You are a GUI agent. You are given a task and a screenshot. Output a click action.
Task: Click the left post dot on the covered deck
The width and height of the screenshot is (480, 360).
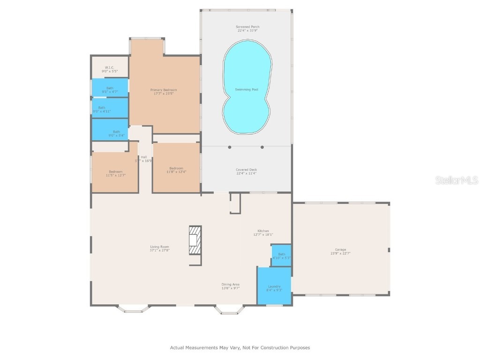(x=230, y=147)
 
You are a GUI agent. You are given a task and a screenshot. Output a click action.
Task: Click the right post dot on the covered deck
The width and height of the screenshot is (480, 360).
(x=262, y=147)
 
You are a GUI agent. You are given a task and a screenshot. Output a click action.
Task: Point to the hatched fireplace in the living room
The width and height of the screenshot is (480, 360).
(x=195, y=240)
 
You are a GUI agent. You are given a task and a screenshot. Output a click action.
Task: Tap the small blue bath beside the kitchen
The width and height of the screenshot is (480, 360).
(x=281, y=255)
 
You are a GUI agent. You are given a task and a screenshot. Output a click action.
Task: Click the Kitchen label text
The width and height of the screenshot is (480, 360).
(x=263, y=231)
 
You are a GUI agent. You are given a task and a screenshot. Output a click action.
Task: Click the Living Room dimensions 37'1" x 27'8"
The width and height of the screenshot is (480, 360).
(x=159, y=251)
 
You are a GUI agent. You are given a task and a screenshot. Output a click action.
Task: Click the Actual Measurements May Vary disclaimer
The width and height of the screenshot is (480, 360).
(x=240, y=348)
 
